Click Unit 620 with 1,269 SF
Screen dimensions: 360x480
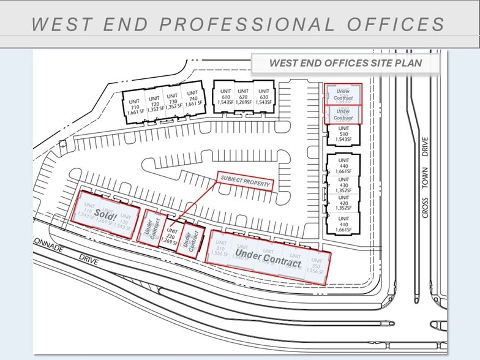(x=244, y=97)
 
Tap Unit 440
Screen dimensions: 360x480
(x=343, y=168)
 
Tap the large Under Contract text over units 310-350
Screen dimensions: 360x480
(x=268, y=257)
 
